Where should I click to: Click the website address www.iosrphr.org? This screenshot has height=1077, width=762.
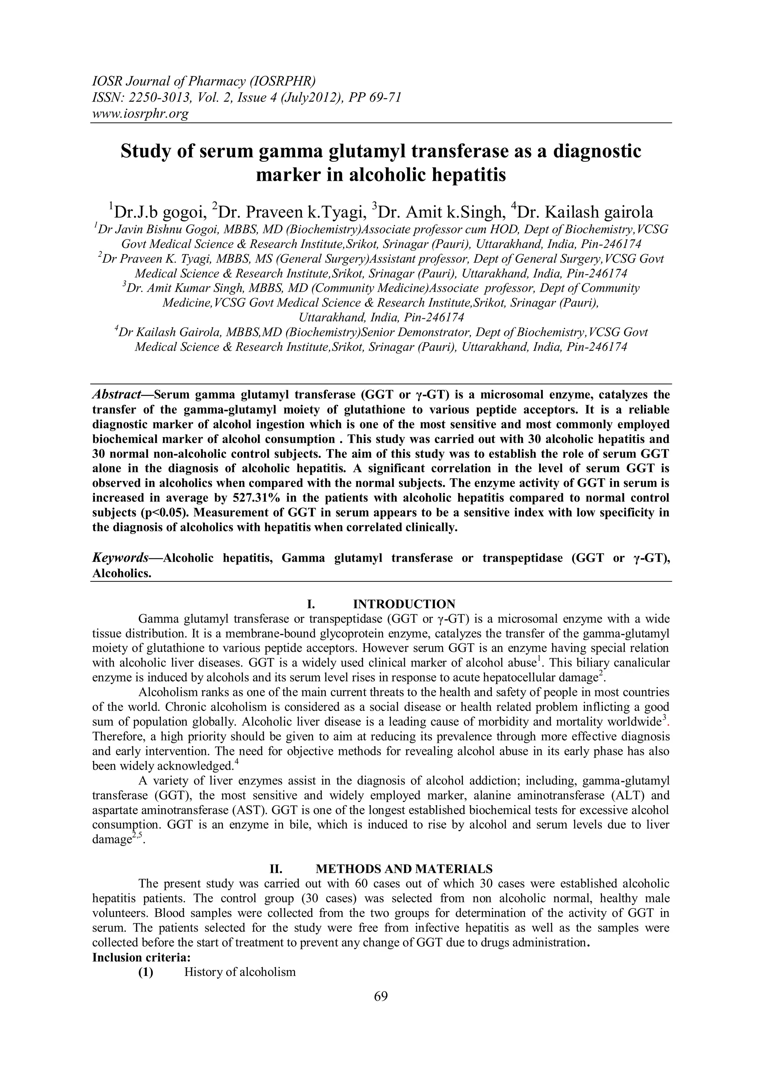tap(140, 113)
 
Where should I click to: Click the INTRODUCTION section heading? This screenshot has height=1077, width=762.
tap(404, 604)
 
